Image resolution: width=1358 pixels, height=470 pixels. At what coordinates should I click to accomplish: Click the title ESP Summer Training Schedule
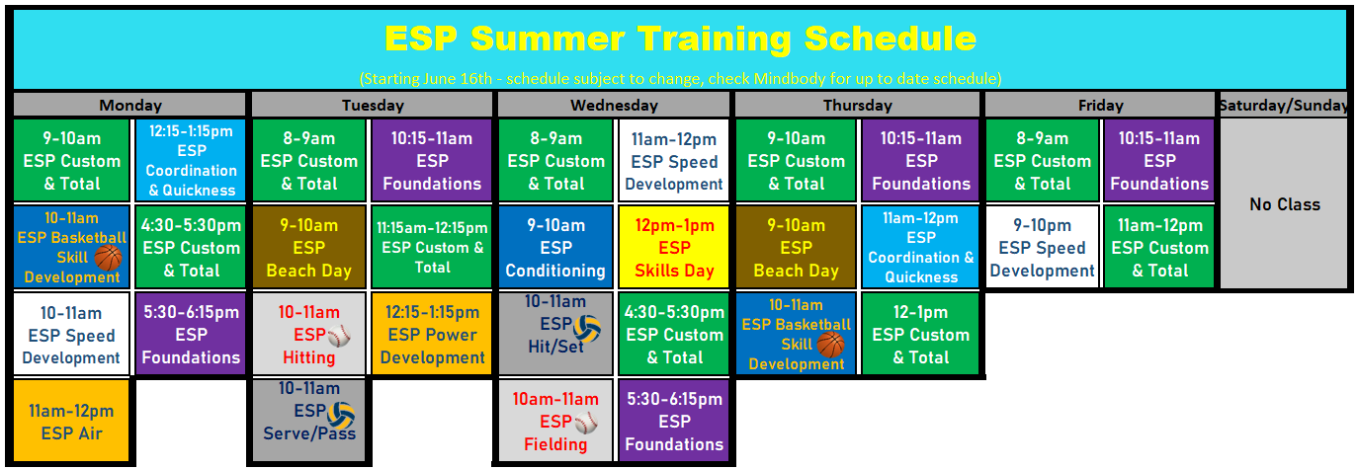(680, 39)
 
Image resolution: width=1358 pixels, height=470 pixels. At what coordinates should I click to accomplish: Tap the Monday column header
(130, 105)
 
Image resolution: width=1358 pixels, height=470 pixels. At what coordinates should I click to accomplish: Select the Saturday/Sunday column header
(1284, 105)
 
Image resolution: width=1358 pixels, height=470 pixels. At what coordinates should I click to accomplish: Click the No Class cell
(1284, 203)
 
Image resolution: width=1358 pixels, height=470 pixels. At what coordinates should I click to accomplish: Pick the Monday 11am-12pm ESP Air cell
(71, 421)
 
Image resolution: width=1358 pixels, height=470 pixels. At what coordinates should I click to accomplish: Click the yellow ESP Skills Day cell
(673, 247)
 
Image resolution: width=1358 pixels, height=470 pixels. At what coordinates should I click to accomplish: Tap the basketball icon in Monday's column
(109, 258)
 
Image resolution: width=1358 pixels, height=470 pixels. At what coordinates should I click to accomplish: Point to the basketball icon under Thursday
(830, 345)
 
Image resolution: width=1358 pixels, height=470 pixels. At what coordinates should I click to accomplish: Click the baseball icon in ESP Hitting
(339, 336)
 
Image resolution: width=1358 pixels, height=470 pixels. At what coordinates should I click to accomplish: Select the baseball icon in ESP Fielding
(586, 423)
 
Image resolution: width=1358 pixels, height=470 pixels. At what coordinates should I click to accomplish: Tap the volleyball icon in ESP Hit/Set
(587, 329)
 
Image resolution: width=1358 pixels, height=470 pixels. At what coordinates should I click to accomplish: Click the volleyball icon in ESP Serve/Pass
(341, 416)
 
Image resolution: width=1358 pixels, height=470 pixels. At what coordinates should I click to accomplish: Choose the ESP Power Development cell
(432, 334)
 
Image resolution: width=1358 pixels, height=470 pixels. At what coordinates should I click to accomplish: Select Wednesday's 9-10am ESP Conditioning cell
(555, 247)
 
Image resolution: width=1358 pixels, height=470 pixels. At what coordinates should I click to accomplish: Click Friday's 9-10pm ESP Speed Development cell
(1042, 247)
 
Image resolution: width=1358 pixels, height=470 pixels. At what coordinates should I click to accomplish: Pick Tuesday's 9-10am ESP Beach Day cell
(308, 247)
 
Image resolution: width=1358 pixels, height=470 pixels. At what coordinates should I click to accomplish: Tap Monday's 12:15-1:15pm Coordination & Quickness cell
(191, 160)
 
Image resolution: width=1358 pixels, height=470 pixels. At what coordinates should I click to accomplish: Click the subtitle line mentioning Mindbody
(680, 79)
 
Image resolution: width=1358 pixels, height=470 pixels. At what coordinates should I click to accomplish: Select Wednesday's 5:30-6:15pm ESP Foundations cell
(673, 421)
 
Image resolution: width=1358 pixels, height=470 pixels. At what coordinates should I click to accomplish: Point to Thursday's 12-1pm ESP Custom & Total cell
(920, 334)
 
